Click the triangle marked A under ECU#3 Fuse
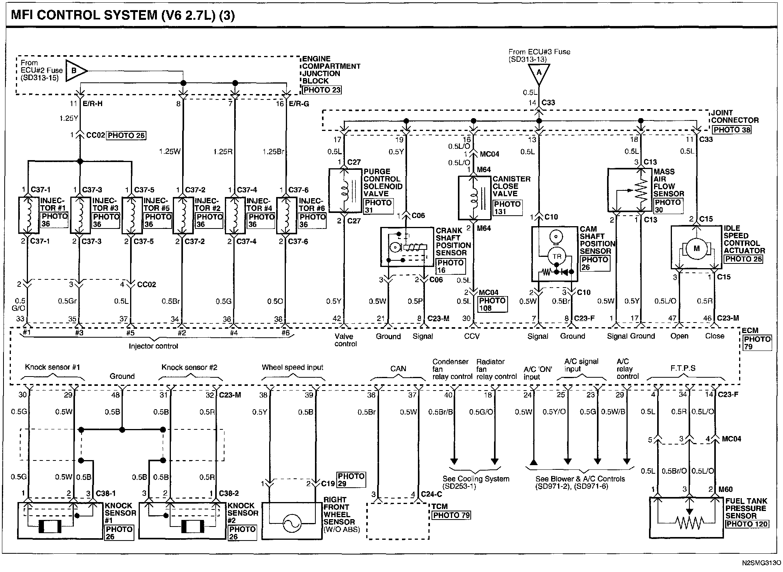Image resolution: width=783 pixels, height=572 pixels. coord(538,74)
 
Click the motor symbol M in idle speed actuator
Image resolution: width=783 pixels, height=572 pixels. coord(696,248)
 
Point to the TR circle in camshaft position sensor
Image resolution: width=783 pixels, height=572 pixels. coord(557,256)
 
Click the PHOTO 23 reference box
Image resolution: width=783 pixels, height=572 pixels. coord(322,90)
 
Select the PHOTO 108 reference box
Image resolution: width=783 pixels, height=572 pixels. coord(492,304)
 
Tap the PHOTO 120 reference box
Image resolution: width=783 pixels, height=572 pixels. coord(747,524)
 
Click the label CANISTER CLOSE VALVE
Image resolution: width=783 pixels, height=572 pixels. coord(511,186)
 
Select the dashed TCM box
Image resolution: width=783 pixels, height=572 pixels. coord(398,521)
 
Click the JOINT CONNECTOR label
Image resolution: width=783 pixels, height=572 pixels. coord(734,117)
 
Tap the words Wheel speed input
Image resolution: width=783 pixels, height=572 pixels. coord(292,367)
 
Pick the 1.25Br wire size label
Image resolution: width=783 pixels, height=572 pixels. coord(273,152)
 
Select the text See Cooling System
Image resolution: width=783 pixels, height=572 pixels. coord(476,479)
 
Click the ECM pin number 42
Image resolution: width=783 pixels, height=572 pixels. coord(336,319)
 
